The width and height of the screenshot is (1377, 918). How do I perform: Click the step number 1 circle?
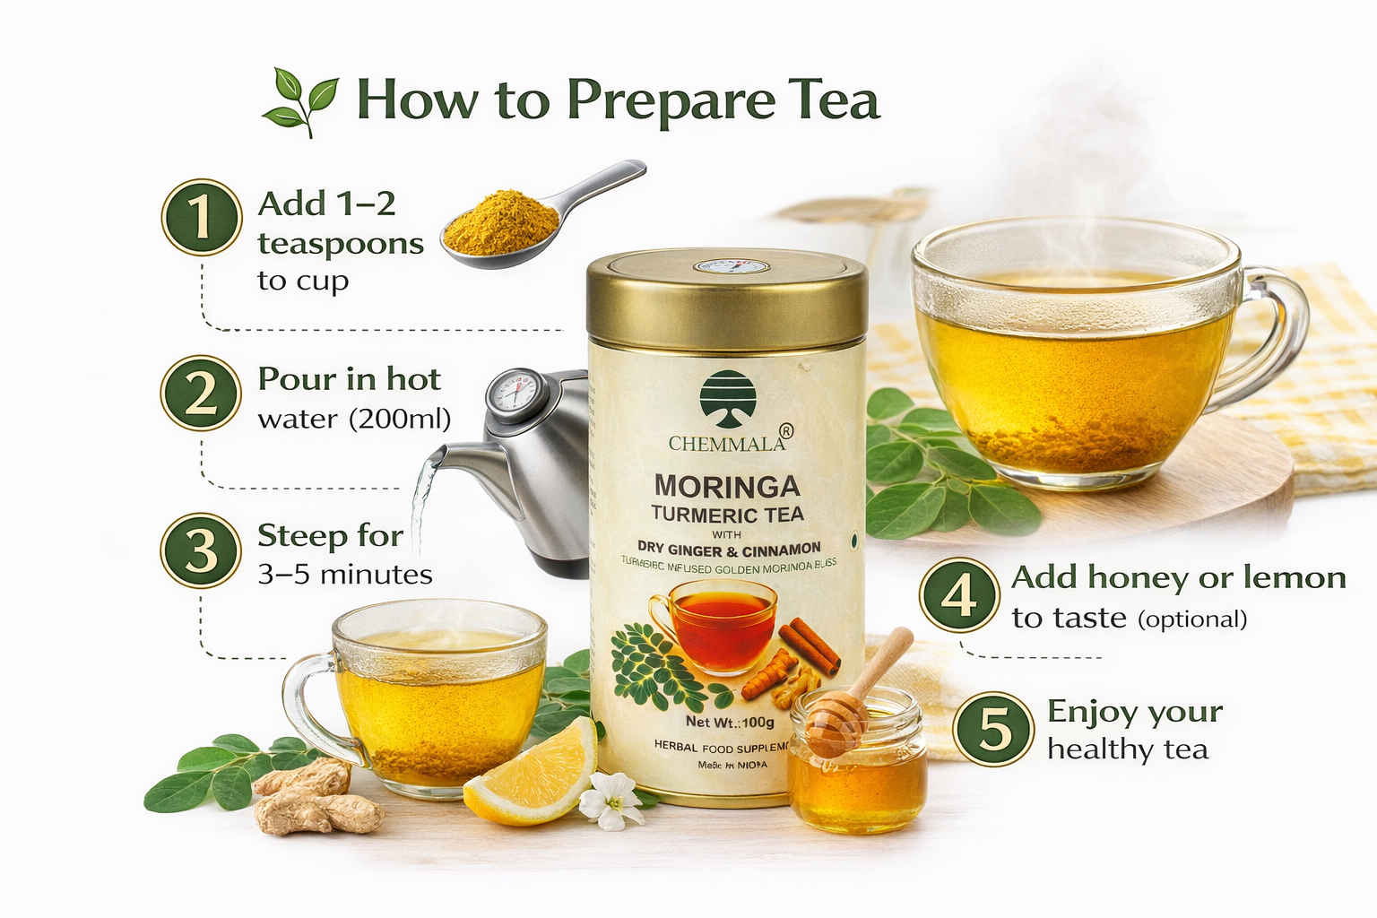(202, 217)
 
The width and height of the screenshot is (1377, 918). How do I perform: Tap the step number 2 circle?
(201, 394)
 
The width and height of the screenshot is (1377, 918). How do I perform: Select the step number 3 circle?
(201, 550)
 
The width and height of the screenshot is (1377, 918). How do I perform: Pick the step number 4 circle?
(959, 595)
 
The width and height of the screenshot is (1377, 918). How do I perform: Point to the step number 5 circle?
(993, 729)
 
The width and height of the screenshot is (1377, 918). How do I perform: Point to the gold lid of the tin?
(726, 296)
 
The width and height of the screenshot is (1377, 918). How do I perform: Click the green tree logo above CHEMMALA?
(728, 400)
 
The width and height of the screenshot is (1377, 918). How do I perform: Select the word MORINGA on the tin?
(727, 487)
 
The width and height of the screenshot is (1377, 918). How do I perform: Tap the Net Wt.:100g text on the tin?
(730, 722)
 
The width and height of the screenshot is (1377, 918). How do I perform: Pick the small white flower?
(611, 800)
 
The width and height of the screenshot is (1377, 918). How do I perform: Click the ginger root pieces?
(314, 798)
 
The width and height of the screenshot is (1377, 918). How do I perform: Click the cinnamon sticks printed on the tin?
(810, 645)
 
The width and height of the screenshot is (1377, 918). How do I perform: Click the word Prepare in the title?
(671, 100)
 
